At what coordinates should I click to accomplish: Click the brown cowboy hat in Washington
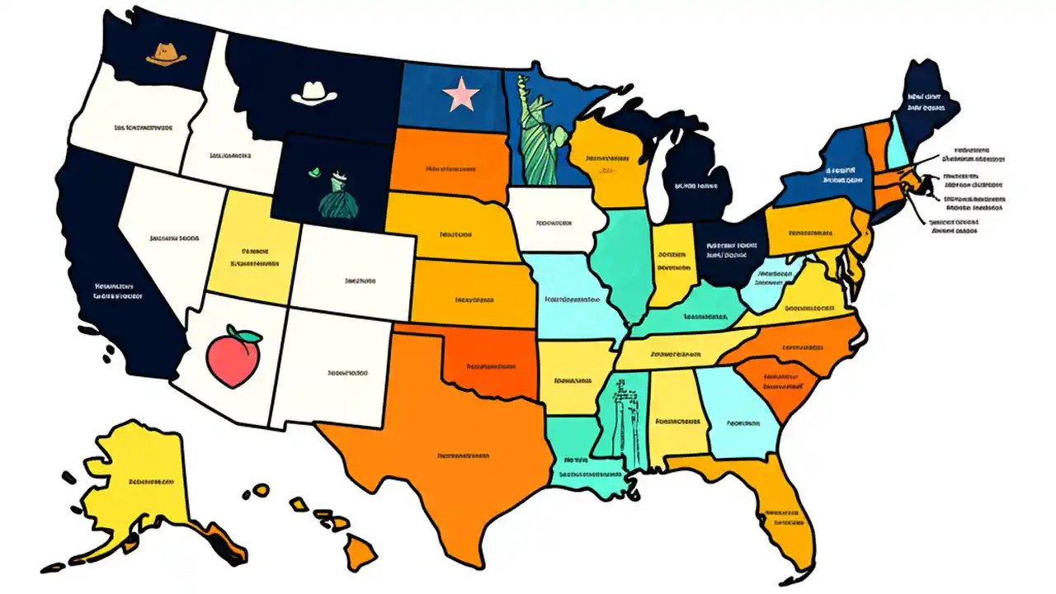166,54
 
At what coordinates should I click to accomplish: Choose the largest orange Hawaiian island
361,549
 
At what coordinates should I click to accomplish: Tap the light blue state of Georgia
739,417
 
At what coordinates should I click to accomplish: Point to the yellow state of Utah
252,247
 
